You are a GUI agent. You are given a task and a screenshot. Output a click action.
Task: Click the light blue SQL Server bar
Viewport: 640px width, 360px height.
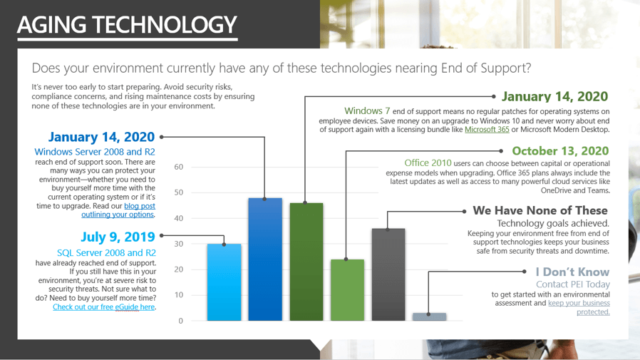(224, 282)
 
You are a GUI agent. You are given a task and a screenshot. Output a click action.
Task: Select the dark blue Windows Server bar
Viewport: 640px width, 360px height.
(265, 259)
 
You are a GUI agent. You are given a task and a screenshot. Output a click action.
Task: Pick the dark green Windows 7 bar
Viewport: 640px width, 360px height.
(306, 262)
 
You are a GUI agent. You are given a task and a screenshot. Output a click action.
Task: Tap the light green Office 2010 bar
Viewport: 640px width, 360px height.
(347, 290)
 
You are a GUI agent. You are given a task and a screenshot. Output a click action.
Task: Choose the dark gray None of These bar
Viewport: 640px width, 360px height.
(388, 274)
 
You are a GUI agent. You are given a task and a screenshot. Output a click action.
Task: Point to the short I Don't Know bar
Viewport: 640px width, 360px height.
(429, 317)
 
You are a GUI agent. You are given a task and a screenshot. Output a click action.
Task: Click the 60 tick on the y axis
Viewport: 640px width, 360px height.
(179, 167)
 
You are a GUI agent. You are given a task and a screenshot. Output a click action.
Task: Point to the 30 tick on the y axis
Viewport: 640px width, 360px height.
(179, 244)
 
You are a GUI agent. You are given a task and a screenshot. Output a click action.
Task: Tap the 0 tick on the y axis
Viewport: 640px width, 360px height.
(181, 321)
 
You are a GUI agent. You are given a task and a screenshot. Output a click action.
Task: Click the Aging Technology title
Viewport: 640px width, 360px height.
(127, 24)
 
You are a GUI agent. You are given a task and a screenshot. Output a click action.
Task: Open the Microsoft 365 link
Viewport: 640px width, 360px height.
(487, 130)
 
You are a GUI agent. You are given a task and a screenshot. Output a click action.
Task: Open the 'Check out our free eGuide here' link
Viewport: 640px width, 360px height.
(103, 307)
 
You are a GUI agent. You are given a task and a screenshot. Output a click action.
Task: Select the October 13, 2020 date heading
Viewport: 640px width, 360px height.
(560, 151)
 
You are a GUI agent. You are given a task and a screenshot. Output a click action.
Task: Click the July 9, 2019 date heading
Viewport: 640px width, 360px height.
(118, 237)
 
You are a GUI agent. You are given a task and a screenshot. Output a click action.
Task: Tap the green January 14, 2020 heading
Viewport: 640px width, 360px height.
(554, 96)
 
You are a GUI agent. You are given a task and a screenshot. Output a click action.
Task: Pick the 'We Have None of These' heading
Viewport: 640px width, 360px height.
(540, 210)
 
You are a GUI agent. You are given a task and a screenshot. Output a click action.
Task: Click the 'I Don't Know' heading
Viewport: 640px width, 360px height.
(573, 272)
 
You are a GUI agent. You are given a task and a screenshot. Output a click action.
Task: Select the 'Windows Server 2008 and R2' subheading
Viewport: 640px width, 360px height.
(95, 152)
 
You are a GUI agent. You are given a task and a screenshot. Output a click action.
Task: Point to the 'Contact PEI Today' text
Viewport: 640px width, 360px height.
(573, 284)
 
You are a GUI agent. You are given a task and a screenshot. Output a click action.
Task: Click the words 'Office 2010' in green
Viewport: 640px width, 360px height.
(428, 163)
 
